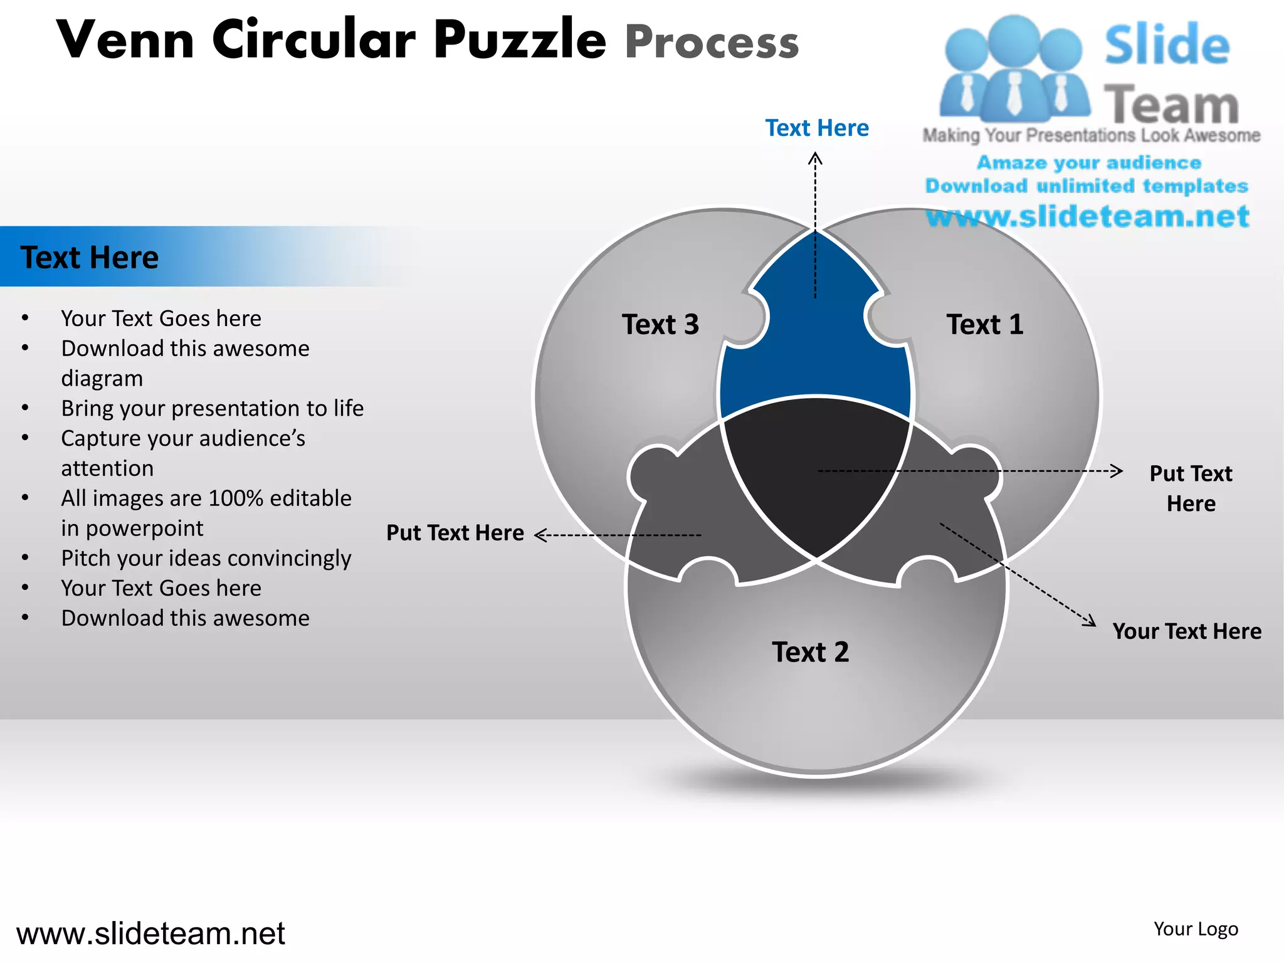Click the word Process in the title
(x=712, y=43)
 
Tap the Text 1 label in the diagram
(x=984, y=325)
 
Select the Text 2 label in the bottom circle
(x=810, y=652)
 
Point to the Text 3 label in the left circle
(x=660, y=325)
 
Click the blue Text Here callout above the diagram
(x=817, y=128)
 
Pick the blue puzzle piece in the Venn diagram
(x=815, y=351)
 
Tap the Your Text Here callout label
(x=1186, y=631)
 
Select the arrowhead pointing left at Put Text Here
(x=540, y=535)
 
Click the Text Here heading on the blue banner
(x=90, y=258)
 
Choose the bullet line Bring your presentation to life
(x=212, y=408)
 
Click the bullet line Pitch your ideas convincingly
(x=206, y=558)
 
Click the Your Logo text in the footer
(x=1196, y=929)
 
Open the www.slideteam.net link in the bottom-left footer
(x=150, y=934)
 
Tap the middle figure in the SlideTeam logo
(x=1014, y=69)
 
